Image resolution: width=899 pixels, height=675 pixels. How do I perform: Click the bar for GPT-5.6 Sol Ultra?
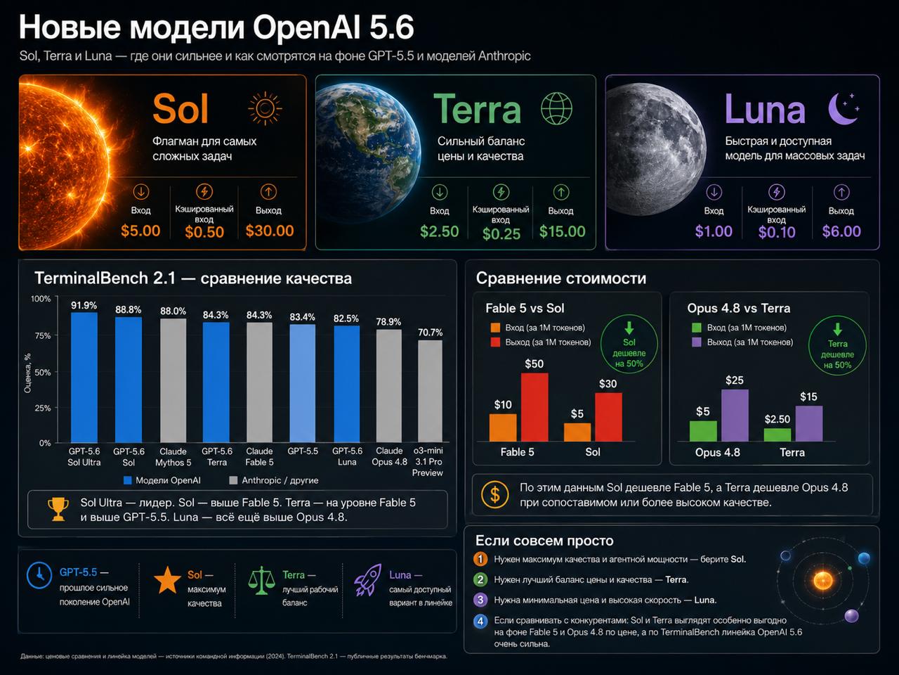click(x=84, y=377)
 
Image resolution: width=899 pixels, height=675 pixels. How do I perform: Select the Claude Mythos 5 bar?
click(x=173, y=380)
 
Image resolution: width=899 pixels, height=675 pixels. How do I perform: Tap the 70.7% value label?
click(x=430, y=333)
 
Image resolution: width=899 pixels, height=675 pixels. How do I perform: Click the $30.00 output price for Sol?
click(x=270, y=231)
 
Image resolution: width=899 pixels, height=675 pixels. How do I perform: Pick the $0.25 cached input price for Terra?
click(x=501, y=233)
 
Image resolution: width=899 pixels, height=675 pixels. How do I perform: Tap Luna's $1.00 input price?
click(x=714, y=231)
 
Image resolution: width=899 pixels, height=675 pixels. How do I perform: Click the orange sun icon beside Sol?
click(x=265, y=108)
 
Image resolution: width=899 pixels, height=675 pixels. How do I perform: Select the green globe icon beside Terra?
click(x=556, y=108)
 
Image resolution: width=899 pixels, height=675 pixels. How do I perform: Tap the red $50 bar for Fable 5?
click(x=534, y=407)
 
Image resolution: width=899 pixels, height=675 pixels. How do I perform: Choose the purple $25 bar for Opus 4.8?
click(x=735, y=415)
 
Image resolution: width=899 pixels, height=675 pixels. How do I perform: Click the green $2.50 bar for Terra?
click(x=777, y=435)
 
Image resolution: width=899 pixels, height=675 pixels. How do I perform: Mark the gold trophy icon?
click(x=58, y=509)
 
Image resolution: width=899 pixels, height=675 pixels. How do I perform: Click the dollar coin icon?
click(x=494, y=495)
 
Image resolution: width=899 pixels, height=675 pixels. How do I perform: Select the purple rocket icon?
click(x=368, y=579)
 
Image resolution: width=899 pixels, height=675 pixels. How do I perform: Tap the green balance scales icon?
click(x=261, y=580)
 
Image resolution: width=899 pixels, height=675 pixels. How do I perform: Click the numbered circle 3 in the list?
click(x=480, y=600)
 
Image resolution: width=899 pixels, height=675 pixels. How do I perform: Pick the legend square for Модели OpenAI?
click(x=127, y=480)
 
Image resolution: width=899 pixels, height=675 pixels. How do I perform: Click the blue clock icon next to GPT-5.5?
click(x=39, y=575)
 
